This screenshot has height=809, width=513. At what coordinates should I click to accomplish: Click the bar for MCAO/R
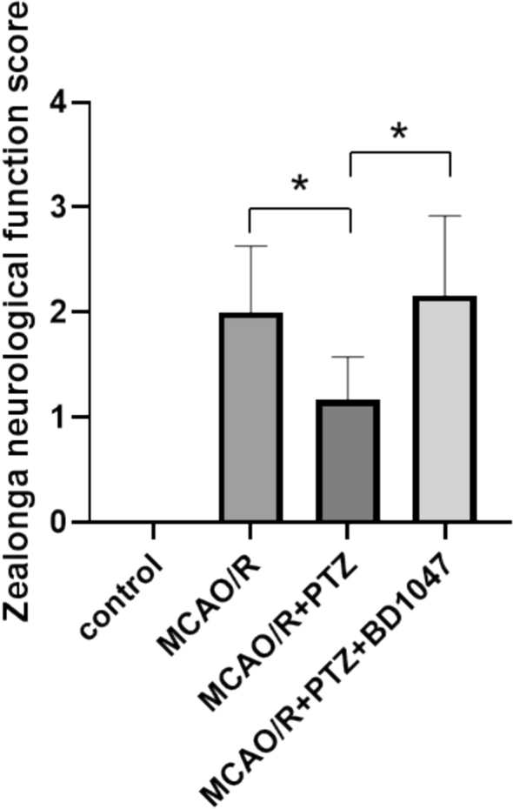[250, 418]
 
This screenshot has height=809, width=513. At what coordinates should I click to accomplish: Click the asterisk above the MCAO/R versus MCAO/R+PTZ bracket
[299, 185]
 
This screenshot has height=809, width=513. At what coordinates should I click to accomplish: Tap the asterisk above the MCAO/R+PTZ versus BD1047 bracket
[398, 132]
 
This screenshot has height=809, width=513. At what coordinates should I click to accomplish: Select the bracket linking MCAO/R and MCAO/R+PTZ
[299, 208]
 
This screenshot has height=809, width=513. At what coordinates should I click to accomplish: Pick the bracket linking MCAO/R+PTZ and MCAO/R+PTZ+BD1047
[398, 153]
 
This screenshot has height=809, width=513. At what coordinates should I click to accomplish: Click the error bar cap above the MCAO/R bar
[250, 246]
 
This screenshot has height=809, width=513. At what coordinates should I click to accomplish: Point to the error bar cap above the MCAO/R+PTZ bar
[348, 357]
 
